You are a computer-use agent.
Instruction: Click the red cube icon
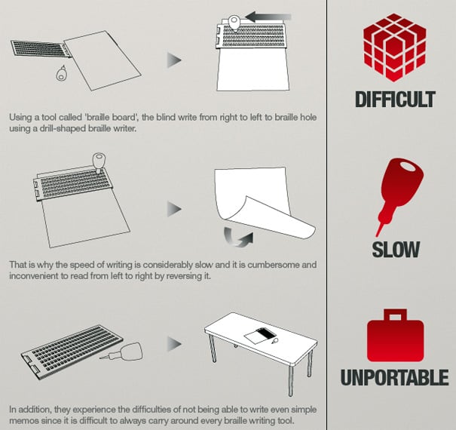394,48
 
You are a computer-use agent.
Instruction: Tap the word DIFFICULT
395,100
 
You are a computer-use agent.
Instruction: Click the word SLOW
396,250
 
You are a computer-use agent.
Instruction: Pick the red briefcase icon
395,336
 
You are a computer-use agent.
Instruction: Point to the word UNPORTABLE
395,377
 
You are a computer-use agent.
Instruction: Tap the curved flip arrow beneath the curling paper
238,237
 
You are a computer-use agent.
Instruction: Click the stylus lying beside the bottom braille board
123,352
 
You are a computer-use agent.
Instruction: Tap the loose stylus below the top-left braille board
61,72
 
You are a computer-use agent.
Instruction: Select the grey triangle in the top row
174,60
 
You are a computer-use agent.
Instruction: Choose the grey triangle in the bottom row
174,344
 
